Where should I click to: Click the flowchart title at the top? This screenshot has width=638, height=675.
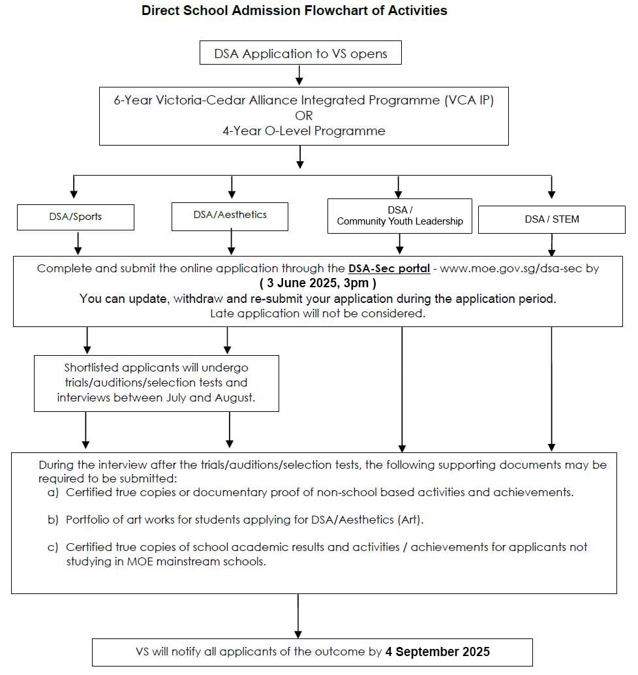[x=294, y=10]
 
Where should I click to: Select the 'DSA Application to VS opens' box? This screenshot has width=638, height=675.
[x=300, y=52]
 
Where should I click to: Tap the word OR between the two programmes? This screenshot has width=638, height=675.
[x=304, y=116]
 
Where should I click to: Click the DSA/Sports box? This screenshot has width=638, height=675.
[x=75, y=217]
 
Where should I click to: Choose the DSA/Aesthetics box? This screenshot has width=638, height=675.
[x=230, y=217]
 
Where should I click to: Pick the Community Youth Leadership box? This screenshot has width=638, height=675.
[x=400, y=216]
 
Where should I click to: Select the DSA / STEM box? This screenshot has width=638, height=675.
[x=551, y=219]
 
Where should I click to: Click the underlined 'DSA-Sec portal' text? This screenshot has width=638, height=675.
[x=389, y=268]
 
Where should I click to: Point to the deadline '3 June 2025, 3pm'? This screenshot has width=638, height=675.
[x=318, y=283]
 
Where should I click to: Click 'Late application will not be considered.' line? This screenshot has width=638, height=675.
[x=318, y=313]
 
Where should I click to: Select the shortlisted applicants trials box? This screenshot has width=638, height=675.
[x=157, y=383]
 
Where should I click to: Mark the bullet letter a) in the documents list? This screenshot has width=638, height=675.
[x=53, y=492]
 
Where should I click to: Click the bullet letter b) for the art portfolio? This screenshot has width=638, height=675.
[x=53, y=520]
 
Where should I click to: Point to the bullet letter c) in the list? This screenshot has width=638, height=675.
[x=53, y=547]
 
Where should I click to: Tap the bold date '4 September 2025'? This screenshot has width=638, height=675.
[x=437, y=651]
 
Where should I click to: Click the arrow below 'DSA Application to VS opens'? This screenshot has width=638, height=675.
[x=299, y=75]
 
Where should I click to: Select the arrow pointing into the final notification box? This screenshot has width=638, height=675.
[x=297, y=616]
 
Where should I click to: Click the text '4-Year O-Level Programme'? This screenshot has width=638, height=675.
[x=304, y=131]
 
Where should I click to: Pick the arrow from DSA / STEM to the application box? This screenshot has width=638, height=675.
[x=551, y=245]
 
